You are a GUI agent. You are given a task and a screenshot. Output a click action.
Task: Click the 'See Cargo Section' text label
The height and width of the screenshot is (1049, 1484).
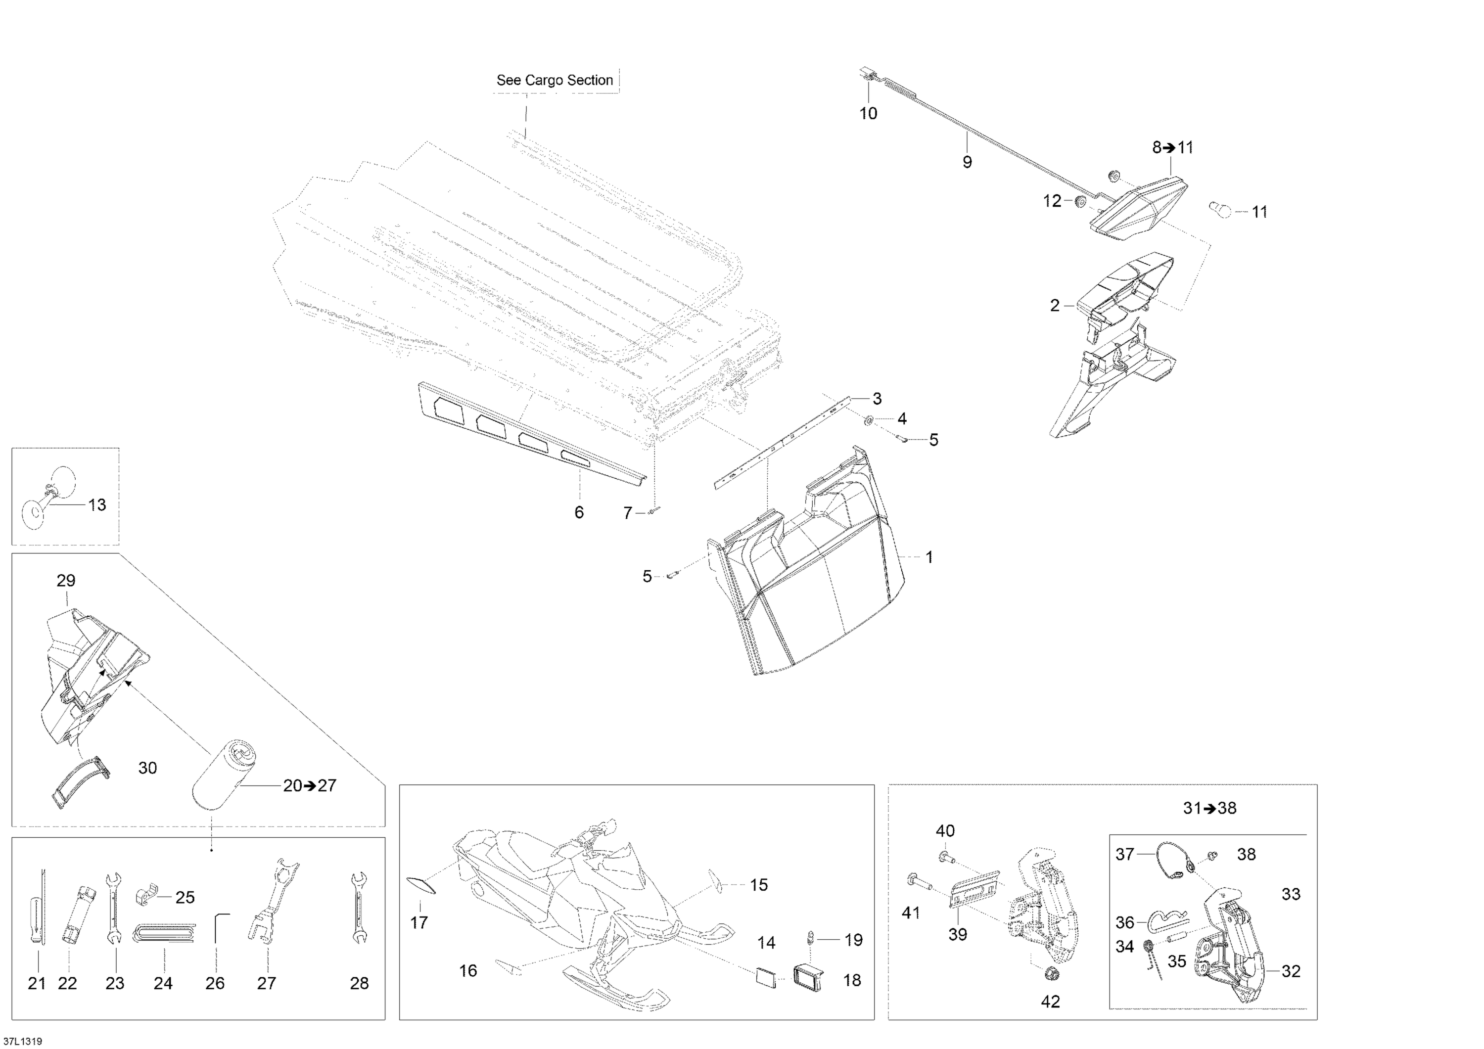tap(554, 80)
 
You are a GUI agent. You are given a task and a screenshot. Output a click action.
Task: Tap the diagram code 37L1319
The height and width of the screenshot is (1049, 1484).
tap(23, 1041)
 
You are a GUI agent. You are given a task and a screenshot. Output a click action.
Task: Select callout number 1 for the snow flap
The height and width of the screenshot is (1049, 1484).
tap(929, 556)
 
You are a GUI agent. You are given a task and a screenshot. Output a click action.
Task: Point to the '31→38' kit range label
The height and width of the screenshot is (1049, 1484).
tap(1209, 808)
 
